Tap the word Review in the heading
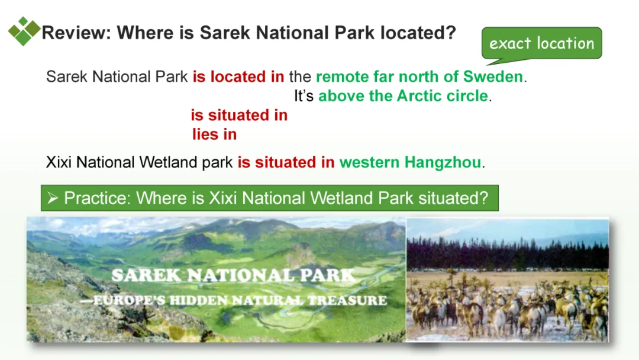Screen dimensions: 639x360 (76, 33)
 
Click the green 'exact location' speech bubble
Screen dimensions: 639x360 (541, 44)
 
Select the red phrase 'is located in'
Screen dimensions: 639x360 (238, 76)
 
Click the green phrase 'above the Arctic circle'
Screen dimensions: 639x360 (403, 96)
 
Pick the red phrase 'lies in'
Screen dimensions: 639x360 (214, 134)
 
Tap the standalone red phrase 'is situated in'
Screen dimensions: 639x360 (239, 115)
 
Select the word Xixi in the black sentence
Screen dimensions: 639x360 (59, 162)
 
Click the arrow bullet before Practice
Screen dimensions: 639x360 (53, 198)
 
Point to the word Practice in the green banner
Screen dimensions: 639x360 (97, 198)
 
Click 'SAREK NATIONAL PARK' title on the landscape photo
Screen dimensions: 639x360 (233, 275)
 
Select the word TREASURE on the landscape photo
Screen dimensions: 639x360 (347, 300)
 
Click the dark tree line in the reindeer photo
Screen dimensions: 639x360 (508, 253)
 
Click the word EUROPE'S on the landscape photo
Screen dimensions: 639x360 (129, 300)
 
